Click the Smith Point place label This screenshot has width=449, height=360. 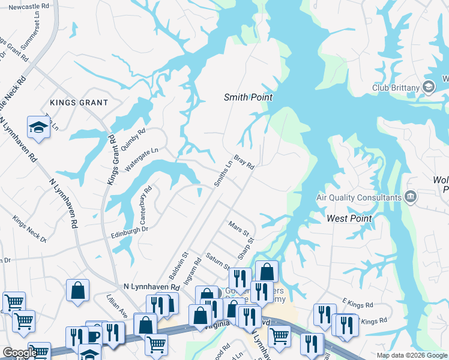(x=248, y=97)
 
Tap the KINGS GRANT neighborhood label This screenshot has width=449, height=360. (x=79, y=103)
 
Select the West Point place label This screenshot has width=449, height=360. (x=349, y=219)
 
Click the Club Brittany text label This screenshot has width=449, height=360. (x=391, y=88)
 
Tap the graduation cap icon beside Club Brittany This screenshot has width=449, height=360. (x=429, y=88)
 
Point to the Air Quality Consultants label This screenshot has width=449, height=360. (x=359, y=197)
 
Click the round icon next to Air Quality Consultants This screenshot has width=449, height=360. (x=411, y=196)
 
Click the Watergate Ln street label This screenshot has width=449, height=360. (x=142, y=160)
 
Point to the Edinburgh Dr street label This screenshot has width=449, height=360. (x=128, y=230)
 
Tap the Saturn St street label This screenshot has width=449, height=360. (x=216, y=261)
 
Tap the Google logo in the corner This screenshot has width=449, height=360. (x=19, y=353)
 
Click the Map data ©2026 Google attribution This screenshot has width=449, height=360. (x=411, y=355)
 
